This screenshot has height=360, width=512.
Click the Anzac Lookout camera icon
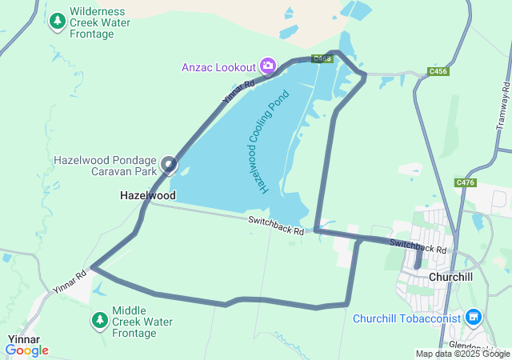pos(268,66)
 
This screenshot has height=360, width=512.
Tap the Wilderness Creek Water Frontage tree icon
pos(58,22)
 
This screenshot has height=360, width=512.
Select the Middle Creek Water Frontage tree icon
pos(100,321)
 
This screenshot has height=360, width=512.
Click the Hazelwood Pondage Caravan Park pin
pos(169,165)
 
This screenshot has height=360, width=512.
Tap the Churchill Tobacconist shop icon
pos(474,318)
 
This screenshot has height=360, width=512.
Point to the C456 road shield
pos(438,71)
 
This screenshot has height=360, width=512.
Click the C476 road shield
pos(466,183)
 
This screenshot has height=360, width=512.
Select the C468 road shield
pos(322,59)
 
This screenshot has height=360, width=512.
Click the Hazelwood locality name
pos(148,195)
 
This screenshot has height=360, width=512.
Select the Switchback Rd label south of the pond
pos(276,225)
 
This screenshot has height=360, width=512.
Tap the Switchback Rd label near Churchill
pos(418,246)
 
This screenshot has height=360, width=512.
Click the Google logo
pos(26,350)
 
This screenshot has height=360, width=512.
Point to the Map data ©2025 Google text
pos(462,354)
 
